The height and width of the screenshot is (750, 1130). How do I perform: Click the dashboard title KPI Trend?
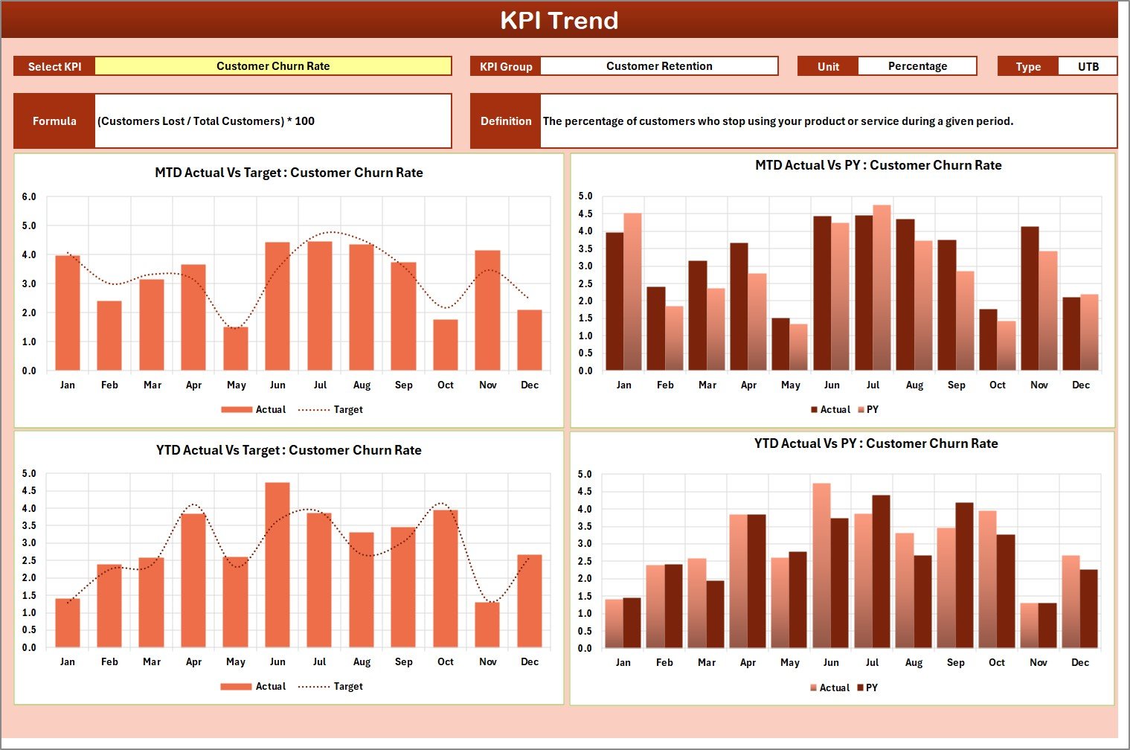[x=559, y=20]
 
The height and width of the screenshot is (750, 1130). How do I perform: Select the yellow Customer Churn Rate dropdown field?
[x=273, y=66]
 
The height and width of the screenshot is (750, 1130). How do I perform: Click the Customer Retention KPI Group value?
[x=659, y=66]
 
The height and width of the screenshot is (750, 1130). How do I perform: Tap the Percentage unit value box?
[x=917, y=66]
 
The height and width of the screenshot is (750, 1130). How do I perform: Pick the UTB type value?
[x=1088, y=66]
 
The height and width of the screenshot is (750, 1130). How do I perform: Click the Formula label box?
[x=54, y=121]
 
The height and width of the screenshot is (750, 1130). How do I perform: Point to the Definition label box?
[x=506, y=121]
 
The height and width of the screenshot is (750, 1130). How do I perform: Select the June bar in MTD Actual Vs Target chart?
[x=277, y=307]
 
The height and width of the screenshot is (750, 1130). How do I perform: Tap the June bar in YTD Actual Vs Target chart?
[x=277, y=565]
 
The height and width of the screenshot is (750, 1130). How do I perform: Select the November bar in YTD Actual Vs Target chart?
[x=487, y=624]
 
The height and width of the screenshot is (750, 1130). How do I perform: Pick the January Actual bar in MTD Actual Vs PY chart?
[x=615, y=301]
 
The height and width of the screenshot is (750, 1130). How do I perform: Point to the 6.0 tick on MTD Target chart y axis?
[x=29, y=197]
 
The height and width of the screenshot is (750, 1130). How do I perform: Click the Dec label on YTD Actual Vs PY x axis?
[x=1079, y=662]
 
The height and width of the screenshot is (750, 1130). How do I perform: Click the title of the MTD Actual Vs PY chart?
[x=878, y=165]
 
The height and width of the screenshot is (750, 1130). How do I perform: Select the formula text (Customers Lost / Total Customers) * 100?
[x=206, y=121]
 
